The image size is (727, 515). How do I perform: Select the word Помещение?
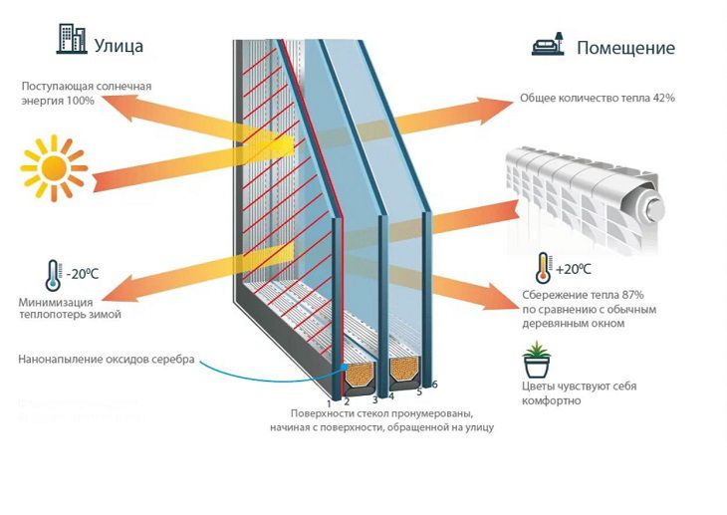coord(625,48)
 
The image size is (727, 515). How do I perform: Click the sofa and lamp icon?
coord(550,45)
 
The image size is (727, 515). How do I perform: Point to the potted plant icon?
coord(536,357)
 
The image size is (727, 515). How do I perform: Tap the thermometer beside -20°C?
coord(51,274)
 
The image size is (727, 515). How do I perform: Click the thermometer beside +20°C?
coord(542,267)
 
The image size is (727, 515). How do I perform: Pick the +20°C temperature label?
coord(573,269)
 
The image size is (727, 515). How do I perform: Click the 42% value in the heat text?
coord(664,99)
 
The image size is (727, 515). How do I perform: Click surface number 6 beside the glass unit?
coord(434,385)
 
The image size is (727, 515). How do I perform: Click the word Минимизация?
coord(56,302)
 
